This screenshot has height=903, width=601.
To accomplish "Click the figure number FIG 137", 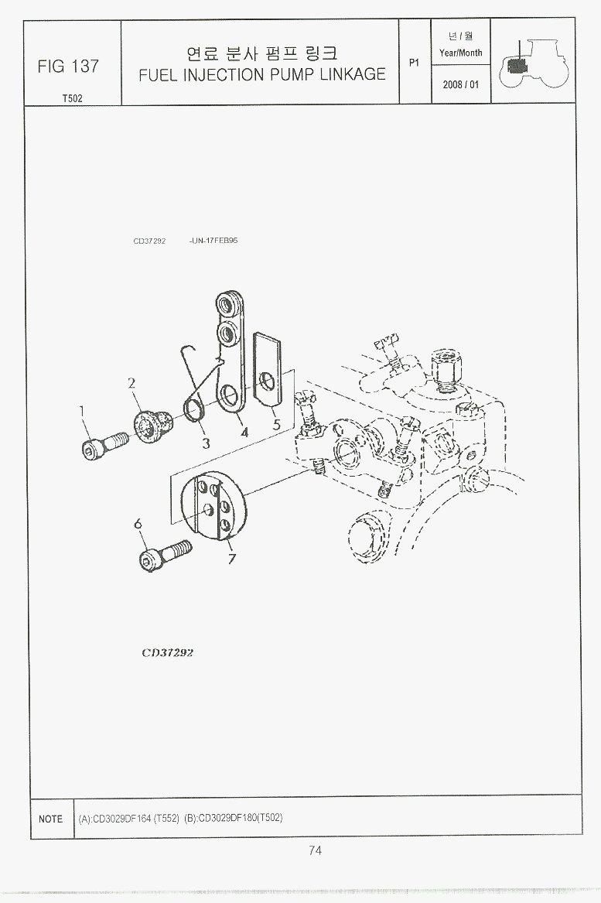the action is tap(68, 67).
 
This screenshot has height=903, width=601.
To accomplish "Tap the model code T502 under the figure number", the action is tap(73, 98).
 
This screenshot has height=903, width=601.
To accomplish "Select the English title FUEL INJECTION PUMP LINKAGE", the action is tap(262, 74).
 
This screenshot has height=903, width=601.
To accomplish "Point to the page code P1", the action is tap(414, 62).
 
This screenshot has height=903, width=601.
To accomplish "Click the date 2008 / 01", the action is tap(460, 84).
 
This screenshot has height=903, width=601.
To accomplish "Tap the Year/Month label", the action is tap(460, 53).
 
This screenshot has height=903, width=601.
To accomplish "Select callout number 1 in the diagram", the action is tap(82, 411).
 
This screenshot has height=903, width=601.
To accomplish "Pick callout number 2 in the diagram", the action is tap(131, 383).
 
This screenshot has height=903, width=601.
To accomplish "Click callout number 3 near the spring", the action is tap(206, 443).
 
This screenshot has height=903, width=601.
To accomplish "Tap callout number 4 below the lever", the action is tap(244, 432).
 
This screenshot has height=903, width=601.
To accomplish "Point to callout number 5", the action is tap(276, 425).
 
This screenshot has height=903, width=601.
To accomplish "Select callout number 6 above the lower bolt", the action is tap(138, 524).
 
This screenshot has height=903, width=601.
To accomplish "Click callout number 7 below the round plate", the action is tap(231, 558).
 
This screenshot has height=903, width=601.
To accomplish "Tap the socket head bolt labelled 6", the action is tap(164, 555).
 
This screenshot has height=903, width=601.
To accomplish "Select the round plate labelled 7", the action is tap(213, 506).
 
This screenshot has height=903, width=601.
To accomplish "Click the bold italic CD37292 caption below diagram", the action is tap(168, 652).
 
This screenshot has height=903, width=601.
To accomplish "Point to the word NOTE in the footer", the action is tap(50, 819).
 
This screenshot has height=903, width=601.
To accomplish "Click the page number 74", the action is tap(315, 850).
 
